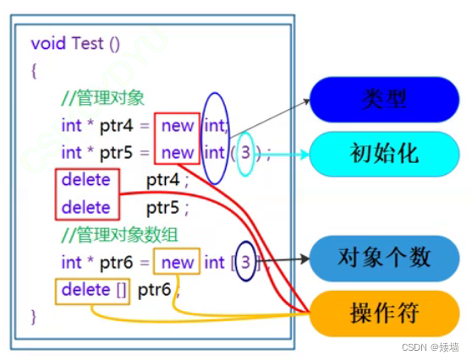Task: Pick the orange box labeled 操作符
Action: coord(383,312)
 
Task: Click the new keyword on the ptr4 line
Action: coord(178,126)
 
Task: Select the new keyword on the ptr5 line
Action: coord(178,153)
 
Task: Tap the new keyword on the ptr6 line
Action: coord(178,262)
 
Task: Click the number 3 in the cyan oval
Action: coord(245,153)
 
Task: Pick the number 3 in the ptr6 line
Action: coord(245,262)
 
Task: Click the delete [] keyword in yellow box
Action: coord(96,290)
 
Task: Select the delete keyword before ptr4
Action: coord(85,180)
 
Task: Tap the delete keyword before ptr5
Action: coord(85,207)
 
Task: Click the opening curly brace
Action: coord(34,70)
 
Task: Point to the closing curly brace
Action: coord(34,317)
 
